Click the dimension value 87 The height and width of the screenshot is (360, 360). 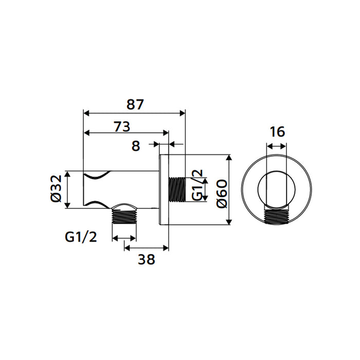click(135, 104)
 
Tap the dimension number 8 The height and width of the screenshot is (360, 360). click(136, 146)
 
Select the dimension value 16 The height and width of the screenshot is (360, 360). click(277, 132)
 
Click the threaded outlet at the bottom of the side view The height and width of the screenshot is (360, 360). click(124, 216)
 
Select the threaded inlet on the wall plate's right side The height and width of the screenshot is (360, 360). click(177, 189)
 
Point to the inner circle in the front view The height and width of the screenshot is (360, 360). click(277, 189)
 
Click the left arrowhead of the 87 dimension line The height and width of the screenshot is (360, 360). click(86, 113)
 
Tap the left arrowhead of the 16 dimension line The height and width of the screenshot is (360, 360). click(268, 147)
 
